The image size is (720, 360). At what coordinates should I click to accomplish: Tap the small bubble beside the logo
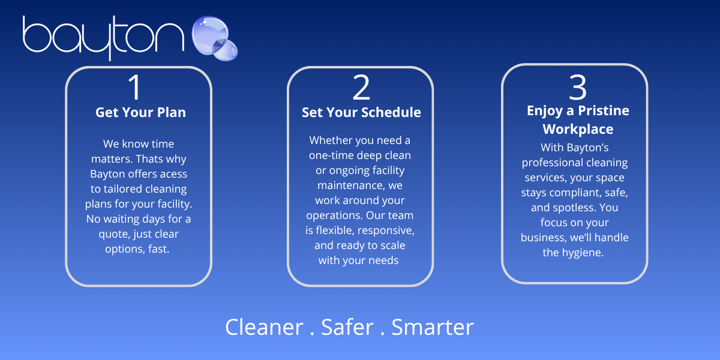point(226,50)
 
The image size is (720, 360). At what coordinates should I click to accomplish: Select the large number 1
point(135,87)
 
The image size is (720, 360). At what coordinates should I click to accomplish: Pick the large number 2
point(361,87)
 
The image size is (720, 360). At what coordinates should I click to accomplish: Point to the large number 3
point(578,87)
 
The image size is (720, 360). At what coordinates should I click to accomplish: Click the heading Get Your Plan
point(140,112)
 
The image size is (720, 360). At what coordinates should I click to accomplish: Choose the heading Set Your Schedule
point(361,112)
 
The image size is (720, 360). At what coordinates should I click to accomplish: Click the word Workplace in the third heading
point(578,129)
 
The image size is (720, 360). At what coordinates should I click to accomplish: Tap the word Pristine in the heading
point(604,110)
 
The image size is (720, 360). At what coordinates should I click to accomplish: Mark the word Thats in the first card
point(149,159)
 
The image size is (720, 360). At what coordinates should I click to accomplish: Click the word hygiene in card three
point(582,253)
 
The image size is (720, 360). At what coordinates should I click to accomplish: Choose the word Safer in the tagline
point(347,327)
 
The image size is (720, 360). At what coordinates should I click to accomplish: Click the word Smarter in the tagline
point(433,327)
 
